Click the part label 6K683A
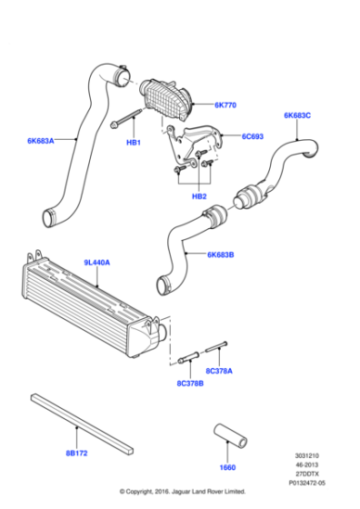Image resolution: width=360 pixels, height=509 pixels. (40, 140)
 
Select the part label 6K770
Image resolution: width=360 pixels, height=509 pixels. (225, 105)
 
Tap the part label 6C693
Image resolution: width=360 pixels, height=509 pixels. (252, 137)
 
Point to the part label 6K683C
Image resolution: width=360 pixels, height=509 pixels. (297, 115)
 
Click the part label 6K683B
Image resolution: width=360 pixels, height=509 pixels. (221, 255)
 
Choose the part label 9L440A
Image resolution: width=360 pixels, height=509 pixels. (97, 263)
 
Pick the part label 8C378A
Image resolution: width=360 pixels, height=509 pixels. (220, 370)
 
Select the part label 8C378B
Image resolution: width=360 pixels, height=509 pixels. (190, 384)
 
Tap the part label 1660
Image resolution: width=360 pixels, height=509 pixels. (226, 468)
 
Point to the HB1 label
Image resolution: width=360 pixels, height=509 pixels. (132, 143)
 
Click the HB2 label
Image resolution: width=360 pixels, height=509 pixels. (198, 195)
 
